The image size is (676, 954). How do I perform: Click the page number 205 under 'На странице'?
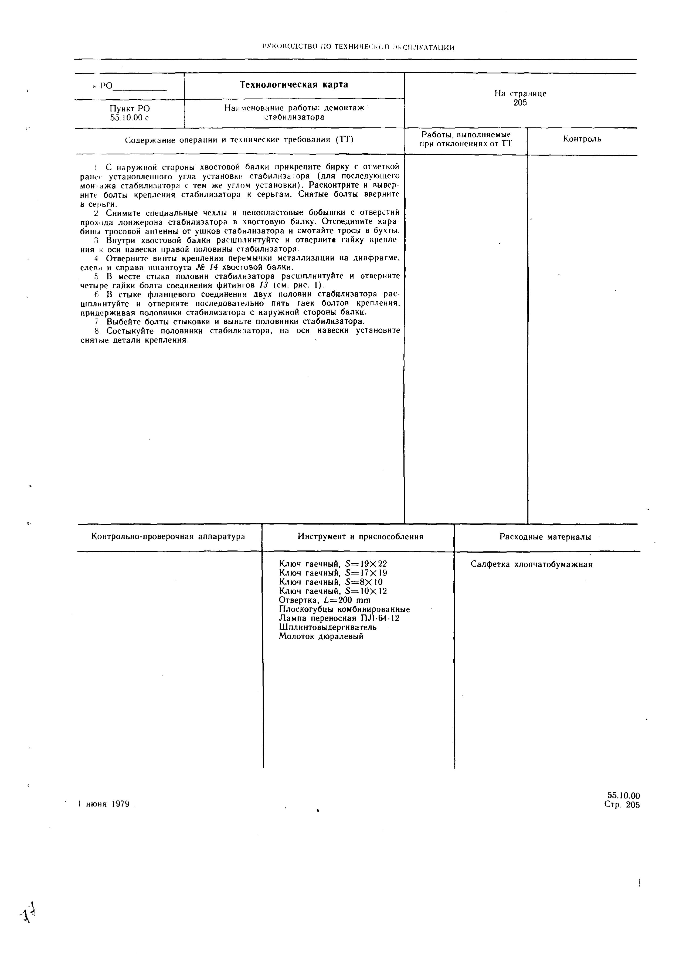[520, 103]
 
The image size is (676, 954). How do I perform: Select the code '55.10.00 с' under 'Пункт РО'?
[130, 118]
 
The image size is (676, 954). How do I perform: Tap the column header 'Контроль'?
[582, 139]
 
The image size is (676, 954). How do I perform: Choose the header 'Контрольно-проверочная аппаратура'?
[168, 536]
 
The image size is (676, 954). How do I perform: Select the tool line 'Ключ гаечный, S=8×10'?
[331, 582]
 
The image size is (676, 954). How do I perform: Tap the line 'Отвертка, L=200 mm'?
[324, 600]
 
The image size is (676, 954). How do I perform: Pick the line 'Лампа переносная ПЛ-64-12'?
[339, 618]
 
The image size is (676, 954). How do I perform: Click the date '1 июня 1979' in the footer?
[104, 804]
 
